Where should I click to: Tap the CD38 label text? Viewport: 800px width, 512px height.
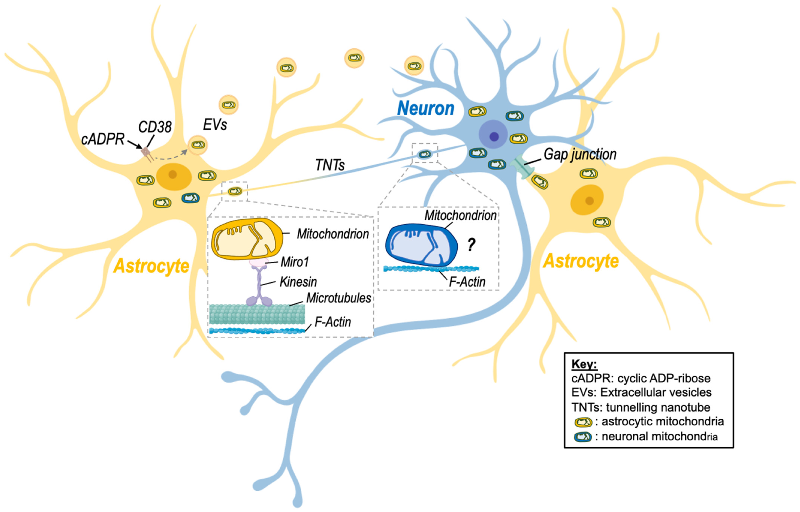point(155,127)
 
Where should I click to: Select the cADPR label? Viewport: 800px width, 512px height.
point(103,139)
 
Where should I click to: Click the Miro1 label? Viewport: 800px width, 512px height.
point(294,262)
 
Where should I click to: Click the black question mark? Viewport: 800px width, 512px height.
point(471,245)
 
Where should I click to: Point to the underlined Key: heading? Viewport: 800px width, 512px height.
point(584,364)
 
